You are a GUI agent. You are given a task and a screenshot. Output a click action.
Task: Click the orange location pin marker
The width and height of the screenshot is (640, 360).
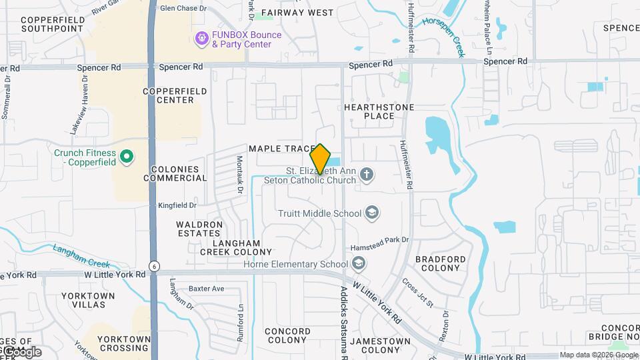(321, 159)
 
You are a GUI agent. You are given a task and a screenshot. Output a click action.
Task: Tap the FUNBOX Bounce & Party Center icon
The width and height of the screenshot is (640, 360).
(201, 39)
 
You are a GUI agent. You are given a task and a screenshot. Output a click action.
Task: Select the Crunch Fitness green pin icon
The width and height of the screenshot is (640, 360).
(127, 157)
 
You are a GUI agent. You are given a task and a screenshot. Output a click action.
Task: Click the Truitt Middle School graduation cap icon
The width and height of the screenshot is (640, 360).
(372, 213)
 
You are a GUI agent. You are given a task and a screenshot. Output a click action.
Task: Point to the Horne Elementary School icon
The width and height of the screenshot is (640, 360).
(359, 264)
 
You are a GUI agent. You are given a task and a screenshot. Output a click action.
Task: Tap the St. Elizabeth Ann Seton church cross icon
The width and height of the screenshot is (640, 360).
(366, 175)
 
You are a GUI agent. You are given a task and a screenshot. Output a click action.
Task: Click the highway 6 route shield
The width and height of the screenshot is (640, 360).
(154, 265)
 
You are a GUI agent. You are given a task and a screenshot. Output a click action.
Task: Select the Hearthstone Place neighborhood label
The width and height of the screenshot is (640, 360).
(379, 111)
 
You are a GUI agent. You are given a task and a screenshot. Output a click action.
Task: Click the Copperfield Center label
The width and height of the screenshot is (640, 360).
(168, 95)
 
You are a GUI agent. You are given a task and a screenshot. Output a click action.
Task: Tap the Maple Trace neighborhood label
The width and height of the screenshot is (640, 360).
(281, 148)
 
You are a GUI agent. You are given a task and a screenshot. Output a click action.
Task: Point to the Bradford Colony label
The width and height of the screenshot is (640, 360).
(437, 263)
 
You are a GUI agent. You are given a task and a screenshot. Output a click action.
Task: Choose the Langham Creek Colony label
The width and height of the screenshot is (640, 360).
(236, 247)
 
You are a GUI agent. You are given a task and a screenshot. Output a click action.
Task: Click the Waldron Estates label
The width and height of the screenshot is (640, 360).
(199, 229)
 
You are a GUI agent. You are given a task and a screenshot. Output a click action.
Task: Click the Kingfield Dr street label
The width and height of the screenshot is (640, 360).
(177, 206)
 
